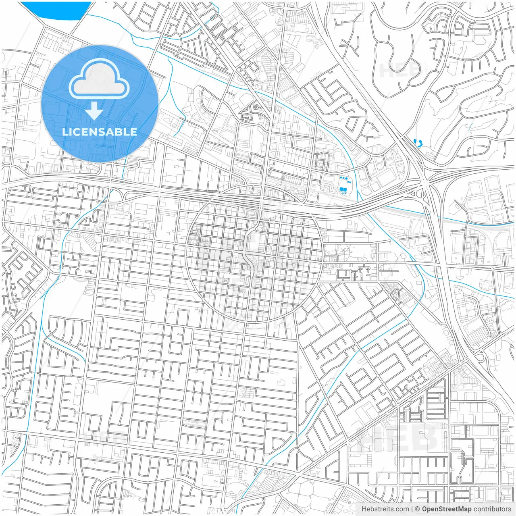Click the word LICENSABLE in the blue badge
coord(100,132)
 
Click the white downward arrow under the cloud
coord(95,111)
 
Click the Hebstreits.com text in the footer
coord(385,509)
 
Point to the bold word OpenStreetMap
coord(446,509)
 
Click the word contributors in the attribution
coord(492,509)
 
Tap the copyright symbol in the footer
coord(418,509)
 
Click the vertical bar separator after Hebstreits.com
coord(412,509)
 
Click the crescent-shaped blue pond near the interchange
coord(420,143)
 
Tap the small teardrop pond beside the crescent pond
coord(415,141)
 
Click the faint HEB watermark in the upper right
coord(399,71)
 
